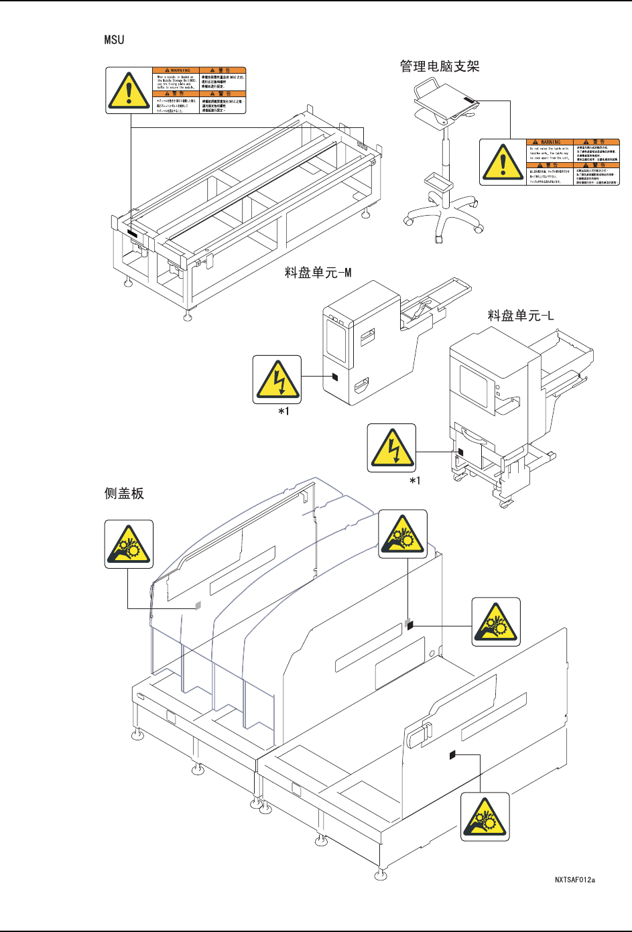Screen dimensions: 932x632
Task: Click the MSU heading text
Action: point(114,40)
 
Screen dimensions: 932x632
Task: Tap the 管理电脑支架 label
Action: point(440,66)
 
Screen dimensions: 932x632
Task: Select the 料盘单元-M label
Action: point(318,273)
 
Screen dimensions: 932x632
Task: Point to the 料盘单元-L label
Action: point(520,315)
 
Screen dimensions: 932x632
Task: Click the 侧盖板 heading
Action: point(124,494)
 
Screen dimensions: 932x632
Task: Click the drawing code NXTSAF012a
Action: point(574,880)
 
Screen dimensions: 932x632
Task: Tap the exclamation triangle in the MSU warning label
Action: point(129,90)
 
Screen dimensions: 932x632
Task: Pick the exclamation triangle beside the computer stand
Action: point(503,161)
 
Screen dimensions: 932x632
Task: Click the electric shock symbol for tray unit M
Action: point(277,379)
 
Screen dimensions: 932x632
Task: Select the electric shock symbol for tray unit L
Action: point(392,448)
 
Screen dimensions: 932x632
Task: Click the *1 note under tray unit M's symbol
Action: point(284,411)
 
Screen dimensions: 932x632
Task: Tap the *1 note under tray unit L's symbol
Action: point(416,480)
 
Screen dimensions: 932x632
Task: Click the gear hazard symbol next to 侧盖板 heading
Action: point(129,544)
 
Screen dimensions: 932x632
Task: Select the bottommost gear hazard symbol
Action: point(485,817)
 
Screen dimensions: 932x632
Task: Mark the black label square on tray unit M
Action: point(334,377)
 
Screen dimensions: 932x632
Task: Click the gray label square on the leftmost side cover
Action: point(198,605)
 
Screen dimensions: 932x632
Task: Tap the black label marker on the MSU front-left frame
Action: point(131,234)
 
